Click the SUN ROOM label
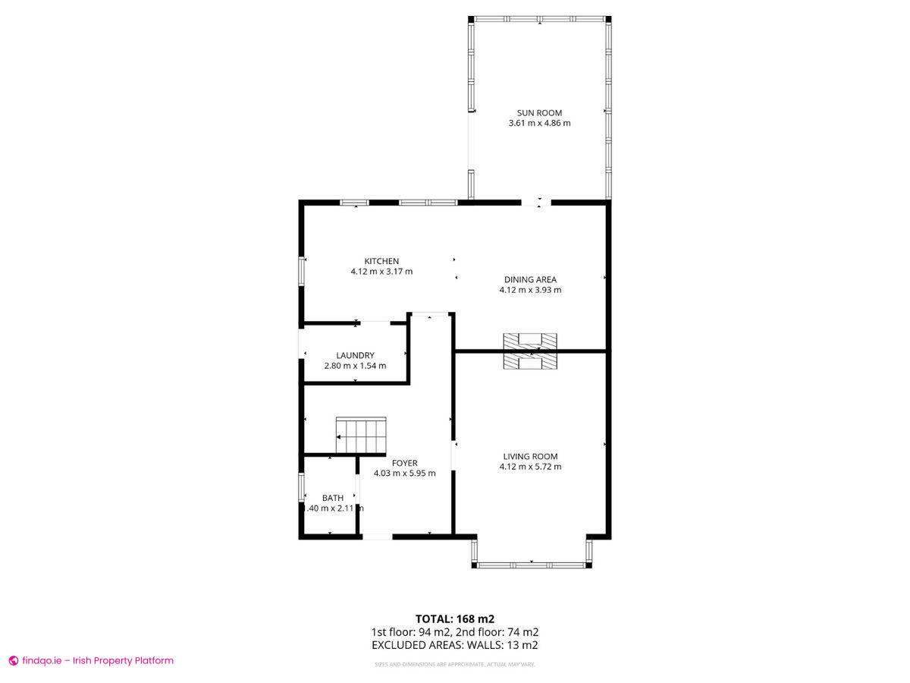tap(539, 113)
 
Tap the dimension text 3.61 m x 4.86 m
tap(539, 123)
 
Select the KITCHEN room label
tap(381, 261)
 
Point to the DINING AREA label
tap(530, 279)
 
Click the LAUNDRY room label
tap(355, 355)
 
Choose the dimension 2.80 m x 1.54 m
tap(355, 366)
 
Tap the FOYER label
tap(404, 463)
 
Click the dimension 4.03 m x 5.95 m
tap(404, 474)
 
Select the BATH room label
tap(332, 498)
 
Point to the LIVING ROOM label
tap(530, 456)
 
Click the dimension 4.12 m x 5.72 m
tap(530, 467)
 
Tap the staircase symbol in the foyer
tap(362, 436)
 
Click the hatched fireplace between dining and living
tap(530, 351)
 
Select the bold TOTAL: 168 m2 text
tap(454, 618)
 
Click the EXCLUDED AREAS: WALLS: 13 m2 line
tap(454, 645)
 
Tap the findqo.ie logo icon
tap(13, 661)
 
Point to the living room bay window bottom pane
tap(531, 565)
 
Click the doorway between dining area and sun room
tap(536, 203)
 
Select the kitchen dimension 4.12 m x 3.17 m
tap(381, 272)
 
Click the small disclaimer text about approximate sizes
tap(454, 665)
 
